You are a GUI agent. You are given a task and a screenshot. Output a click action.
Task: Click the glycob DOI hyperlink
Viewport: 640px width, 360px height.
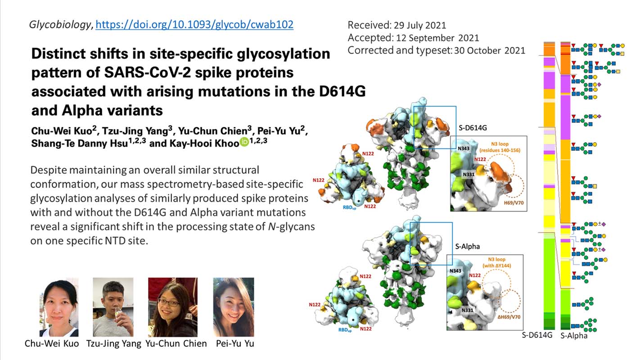(x=194, y=25)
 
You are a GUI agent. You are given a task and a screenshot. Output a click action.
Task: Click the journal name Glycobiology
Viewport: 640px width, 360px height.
(x=60, y=25)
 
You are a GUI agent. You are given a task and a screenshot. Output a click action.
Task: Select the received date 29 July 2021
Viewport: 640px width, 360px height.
(x=420, y=25)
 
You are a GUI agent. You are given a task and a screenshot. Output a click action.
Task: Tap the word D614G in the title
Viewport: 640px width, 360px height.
(x=343, y=91)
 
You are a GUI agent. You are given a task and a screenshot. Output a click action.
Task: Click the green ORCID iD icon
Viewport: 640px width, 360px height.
(x=244, y=142)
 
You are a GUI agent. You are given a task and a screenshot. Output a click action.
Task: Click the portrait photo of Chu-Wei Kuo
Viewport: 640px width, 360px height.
(x=59, y=307)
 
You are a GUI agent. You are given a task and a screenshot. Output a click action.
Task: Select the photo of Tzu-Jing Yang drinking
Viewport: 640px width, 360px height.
(x=113, y=307)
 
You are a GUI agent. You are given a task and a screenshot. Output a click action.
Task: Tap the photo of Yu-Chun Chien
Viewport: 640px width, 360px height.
(x=172, y=307)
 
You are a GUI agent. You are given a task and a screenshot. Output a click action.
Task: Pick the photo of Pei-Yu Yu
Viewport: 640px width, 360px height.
(x=234, y=307)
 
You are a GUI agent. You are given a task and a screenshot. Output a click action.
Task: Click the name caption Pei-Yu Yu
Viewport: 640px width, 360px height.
(x=235, y=343)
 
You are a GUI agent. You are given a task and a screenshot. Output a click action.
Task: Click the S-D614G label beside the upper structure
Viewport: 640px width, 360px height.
(x=473, y=128)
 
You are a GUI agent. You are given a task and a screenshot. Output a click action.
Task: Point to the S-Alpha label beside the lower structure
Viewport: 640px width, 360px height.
(x=468, y=246)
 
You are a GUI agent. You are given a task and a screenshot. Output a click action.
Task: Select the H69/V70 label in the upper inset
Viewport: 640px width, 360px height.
(x=514, y=203)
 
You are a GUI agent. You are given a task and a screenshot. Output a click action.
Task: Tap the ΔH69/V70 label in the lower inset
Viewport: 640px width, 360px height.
(x=509, y=317)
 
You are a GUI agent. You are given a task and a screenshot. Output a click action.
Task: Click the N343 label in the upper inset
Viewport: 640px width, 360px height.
(x=464, y=148)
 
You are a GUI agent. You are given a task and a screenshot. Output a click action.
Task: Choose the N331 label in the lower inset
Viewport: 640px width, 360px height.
(x=468, y=310)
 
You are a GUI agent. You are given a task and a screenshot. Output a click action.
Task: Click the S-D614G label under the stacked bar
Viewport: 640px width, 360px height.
(x=537, y=335)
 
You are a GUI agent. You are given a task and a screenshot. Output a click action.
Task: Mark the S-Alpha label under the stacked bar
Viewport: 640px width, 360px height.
(x=574, y=336)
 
